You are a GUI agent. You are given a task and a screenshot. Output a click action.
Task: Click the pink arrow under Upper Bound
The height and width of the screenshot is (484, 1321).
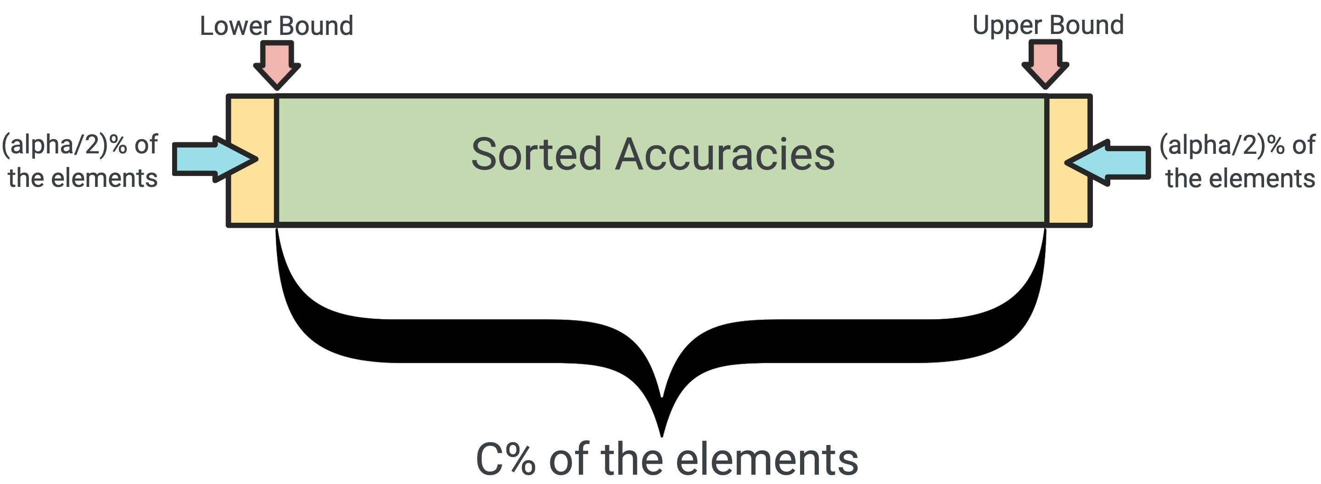1045,65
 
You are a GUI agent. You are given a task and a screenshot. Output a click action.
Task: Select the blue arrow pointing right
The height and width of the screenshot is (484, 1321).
215,159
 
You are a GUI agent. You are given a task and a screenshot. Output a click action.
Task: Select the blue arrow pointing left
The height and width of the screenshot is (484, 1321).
1107,163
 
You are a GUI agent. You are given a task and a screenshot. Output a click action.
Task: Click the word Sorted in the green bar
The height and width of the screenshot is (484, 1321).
537,153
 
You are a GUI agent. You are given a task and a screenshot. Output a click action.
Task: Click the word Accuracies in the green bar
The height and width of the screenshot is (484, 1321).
725,153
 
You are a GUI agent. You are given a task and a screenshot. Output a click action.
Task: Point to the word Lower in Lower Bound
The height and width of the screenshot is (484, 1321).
235,26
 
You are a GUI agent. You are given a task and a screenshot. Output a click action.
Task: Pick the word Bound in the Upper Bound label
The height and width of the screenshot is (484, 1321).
1086,25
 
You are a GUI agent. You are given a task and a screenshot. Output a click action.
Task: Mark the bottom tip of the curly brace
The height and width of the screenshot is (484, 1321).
661,437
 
